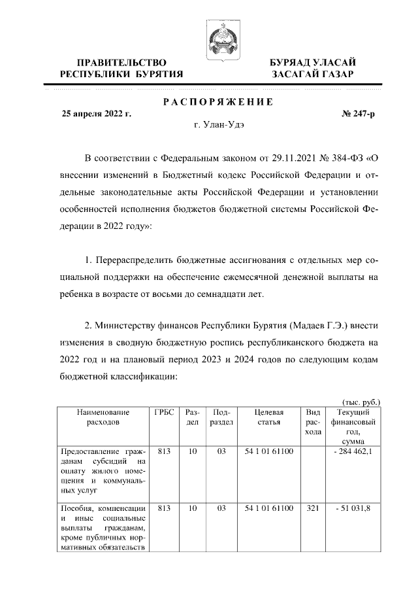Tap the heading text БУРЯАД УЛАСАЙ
(313, 62)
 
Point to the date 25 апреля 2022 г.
(96, 114)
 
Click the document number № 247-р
(358, 114)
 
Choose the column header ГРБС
(164, 413)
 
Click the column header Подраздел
(221, 417)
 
